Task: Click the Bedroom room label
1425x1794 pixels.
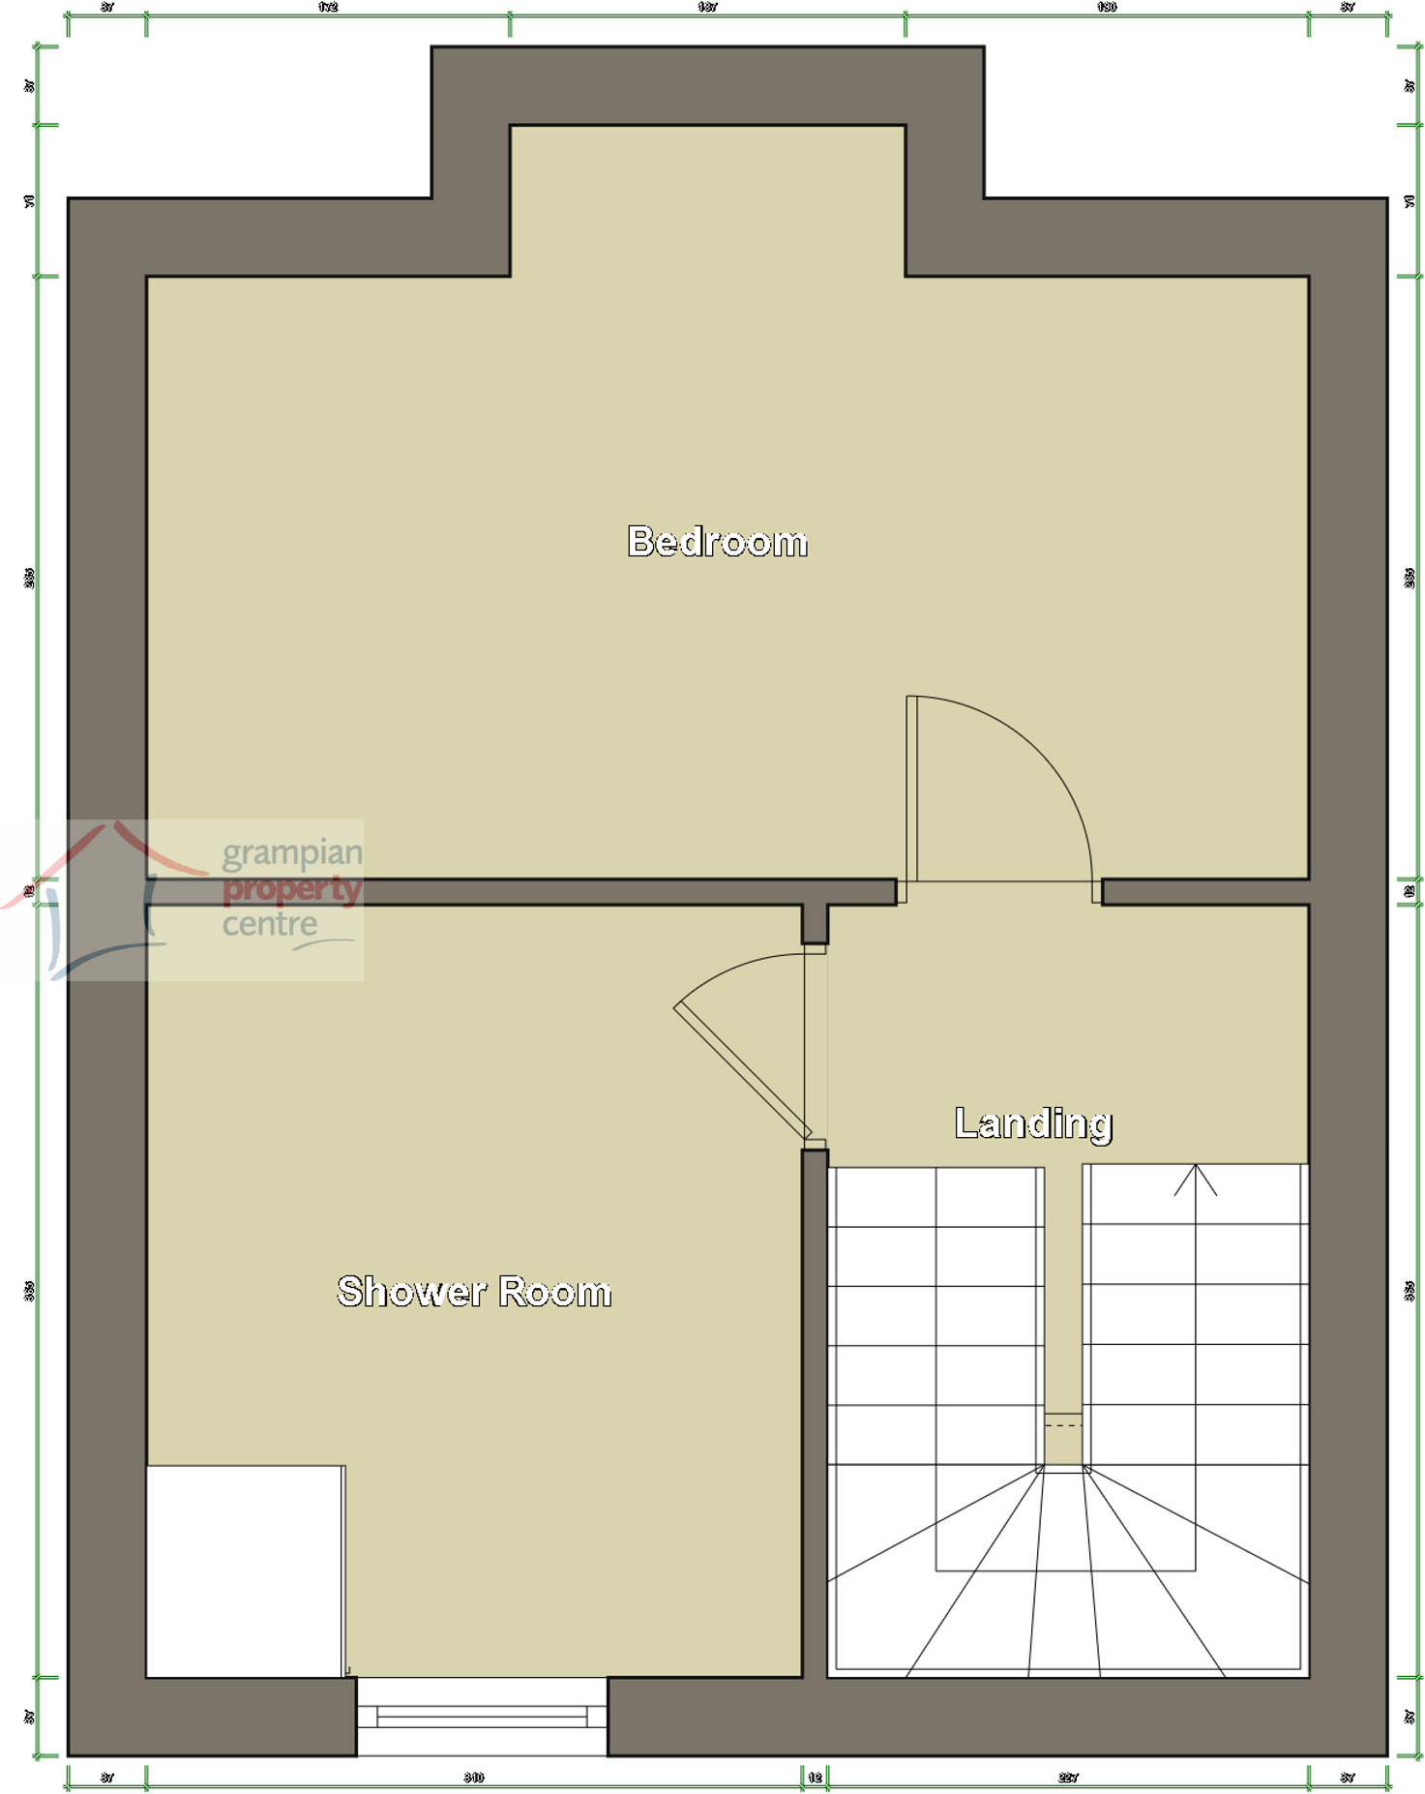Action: [x=717, y=542]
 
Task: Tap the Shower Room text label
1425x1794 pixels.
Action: [x=474, y=1292]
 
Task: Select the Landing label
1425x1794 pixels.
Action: [x=1033, y=1123]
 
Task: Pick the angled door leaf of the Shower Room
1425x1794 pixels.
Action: [x=742, y=1071]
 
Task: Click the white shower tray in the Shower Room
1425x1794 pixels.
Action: [x=245, y=1571]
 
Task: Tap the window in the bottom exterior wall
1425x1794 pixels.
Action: [x=482, y=1717]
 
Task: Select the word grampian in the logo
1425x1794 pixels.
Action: [x=292, y=853]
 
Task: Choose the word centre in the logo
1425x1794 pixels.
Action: [x=270, y=924]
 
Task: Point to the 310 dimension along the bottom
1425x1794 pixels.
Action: [x=474, y=1778]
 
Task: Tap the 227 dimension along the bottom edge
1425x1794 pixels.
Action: [x=1068, y=1778]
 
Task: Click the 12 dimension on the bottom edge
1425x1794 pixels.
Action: [x=815, y=1778]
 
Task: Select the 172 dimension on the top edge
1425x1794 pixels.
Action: [x=328, y=7]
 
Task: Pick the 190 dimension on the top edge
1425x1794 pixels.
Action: [x=1107, y=7]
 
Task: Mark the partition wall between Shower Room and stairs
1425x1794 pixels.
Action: [x=815, y=1413]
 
